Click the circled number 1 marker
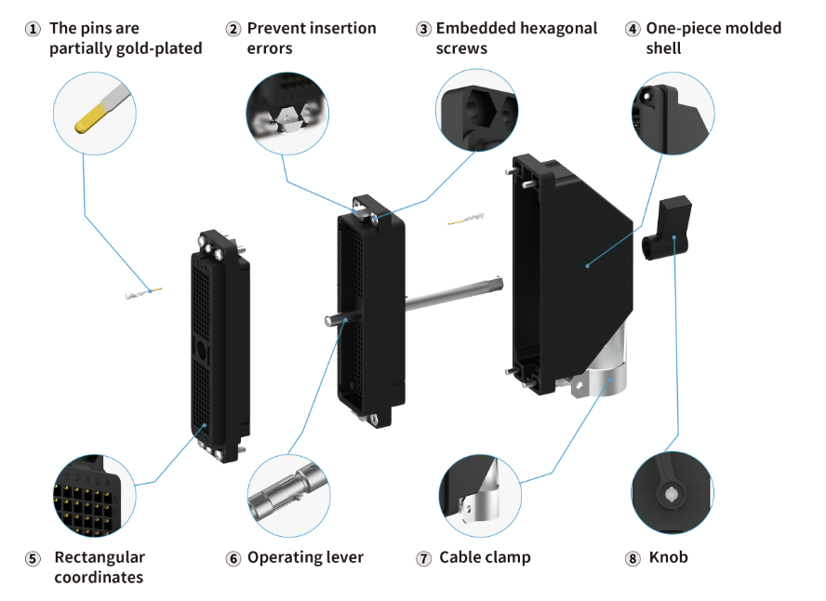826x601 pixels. [x=32, y=29]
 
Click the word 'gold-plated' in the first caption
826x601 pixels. [x=157, y=48]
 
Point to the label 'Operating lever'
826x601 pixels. [x=305, y=557]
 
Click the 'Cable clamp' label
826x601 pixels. [x=485, y=557]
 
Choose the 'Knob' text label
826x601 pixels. [x=668, y=557]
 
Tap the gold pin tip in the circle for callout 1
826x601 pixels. [x=87, y=119]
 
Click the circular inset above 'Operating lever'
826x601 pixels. [x=288, y=494]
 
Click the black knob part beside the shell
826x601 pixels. [x=667, y=232]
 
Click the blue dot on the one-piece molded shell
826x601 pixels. [x=588, y=266]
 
